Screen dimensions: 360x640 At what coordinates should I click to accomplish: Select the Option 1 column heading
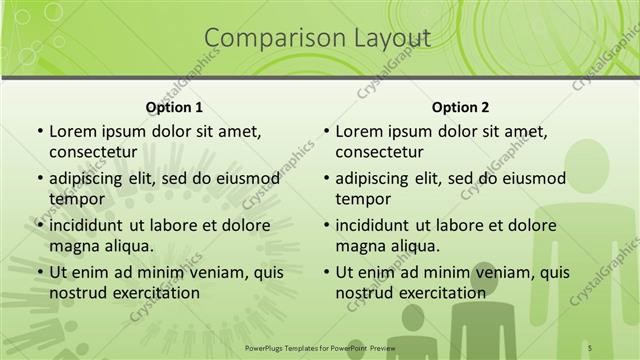click(x=174, y=107)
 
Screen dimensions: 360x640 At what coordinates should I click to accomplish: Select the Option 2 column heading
click(x=460, y=107)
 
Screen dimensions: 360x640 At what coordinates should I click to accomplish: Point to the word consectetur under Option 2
click(x=379, y=152)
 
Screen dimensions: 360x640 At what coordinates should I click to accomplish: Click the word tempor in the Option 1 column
click(x=77, y=198)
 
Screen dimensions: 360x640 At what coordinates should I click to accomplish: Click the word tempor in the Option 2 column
click(x=363, y=198)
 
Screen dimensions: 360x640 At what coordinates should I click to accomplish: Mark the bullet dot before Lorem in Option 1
click(x=39, y=132)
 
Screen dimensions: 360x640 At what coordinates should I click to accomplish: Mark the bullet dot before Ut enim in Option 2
click(x=326, y=271)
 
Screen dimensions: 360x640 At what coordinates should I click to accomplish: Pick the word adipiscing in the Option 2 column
click(x=378, y=178)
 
